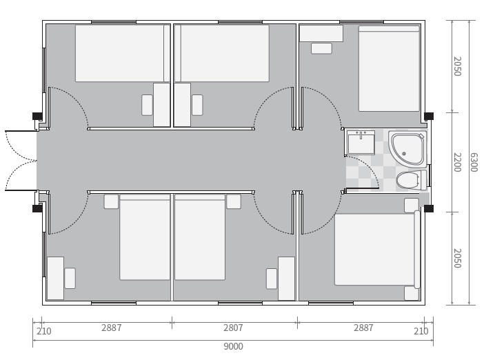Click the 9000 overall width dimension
click(233, 346)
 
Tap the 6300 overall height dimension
click(474, 162)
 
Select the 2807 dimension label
click(233, 328)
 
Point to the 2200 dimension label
click(457, 162)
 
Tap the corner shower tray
click(408, 148)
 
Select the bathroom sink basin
click(361, 143)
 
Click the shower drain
click(404, 154)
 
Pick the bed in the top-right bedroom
click(389, 68)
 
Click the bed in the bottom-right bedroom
click(377, 249)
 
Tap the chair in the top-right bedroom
click(321, 49)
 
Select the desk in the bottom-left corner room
click(56, 278)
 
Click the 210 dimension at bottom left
click(44, 331)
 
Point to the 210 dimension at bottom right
click(421, 331)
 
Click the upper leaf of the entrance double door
click(20, 146)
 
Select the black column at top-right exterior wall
click(429, 117)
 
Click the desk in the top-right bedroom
click(321, 34)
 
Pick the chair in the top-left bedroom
click(147, 105)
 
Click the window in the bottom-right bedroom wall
click(331, 303)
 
